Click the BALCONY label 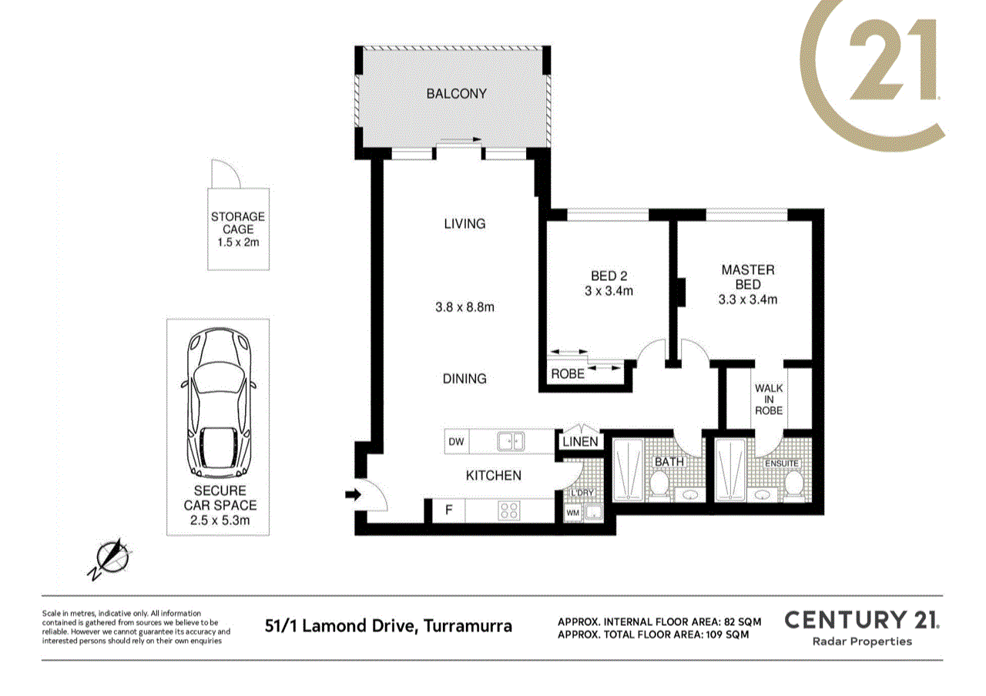point(457,94)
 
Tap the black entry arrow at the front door point(353,496)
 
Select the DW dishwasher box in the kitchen point(456,442)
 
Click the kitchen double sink point(509,442)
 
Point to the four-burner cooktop point(509,510)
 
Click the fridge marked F point(446,510)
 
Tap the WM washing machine point(573,511)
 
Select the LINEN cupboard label point(580,442)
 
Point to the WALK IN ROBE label point(768,399)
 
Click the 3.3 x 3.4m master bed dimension point(747,299)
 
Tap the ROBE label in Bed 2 point(568,374)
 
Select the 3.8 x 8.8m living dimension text point(464,306)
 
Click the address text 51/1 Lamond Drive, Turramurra point(387,625)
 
